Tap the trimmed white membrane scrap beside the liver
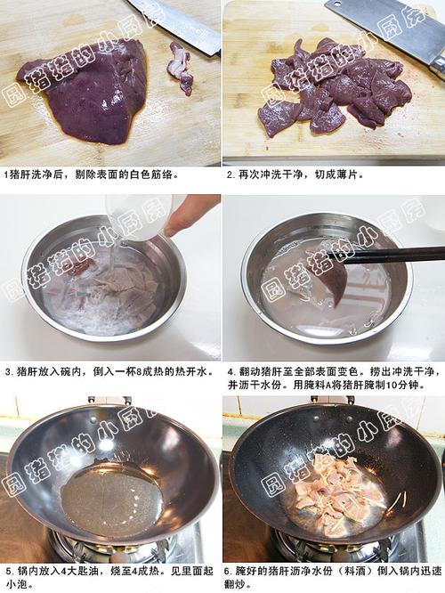click(182, 68)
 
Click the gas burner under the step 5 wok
click(113, 549)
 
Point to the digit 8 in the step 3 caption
click(138, 372)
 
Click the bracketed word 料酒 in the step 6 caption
click(354, 571)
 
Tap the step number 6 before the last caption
click(227, 571)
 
